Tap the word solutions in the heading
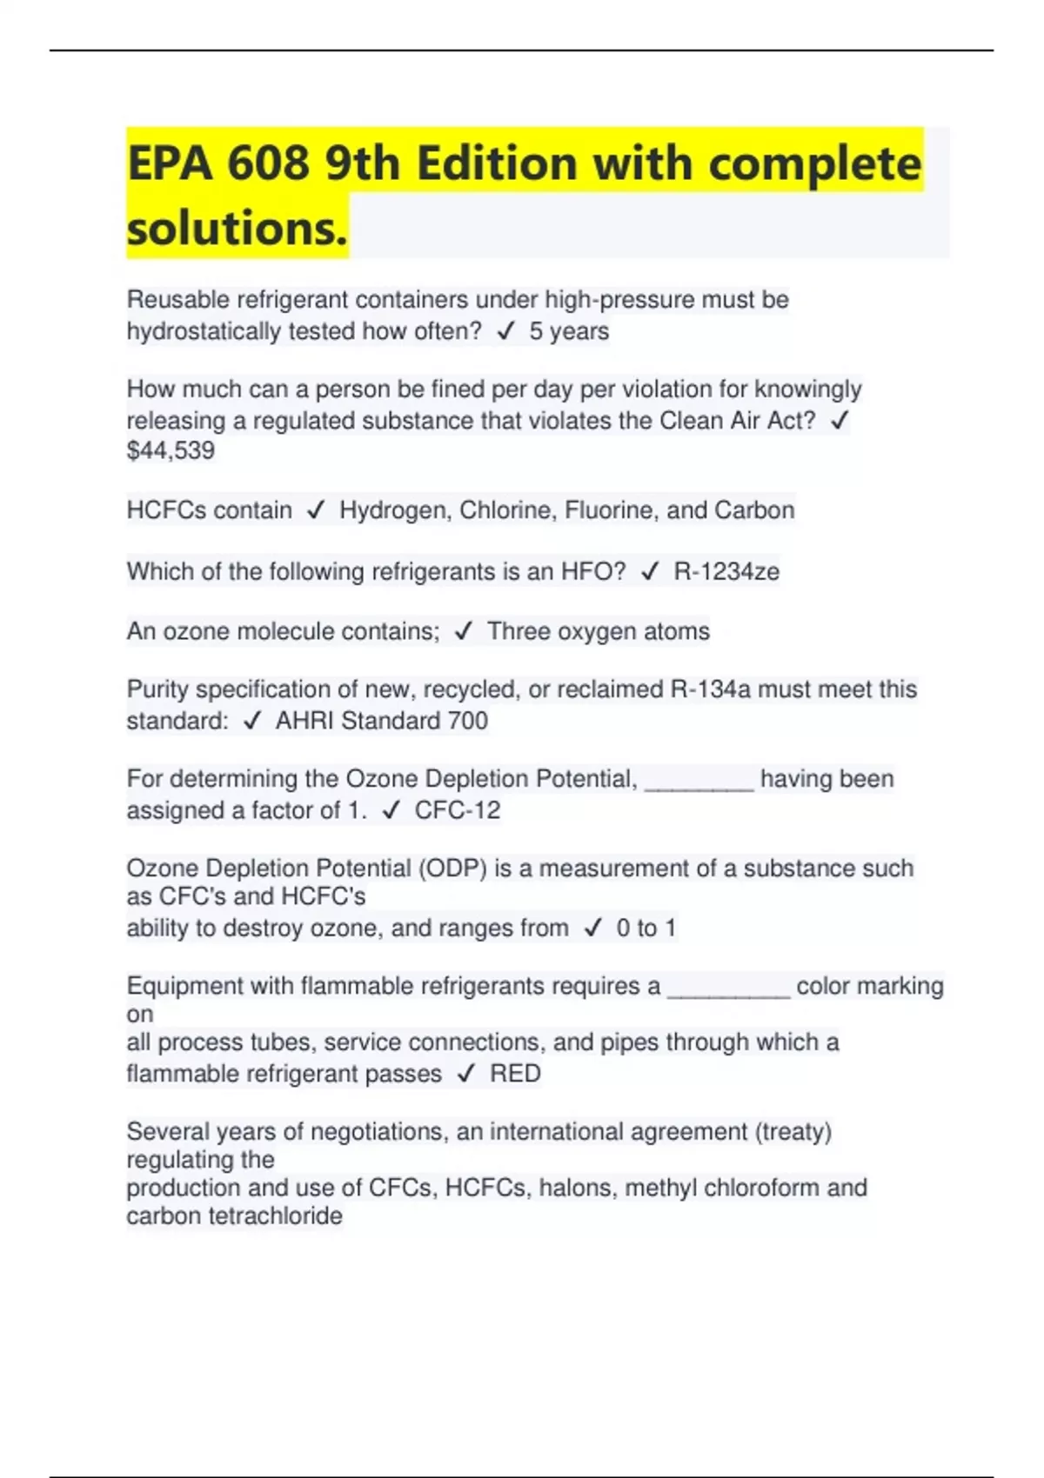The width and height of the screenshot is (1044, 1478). [x=237, y=228]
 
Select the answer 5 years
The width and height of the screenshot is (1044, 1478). [x=569, y=331]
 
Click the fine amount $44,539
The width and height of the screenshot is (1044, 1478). [x=171, y=450]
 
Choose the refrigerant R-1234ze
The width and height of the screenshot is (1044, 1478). [x=726, y=572]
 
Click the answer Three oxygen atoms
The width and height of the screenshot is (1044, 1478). [x=598, y=631]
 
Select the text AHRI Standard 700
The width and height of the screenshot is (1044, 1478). [x=381, y=721]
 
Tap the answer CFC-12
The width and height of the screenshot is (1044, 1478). [x=457, y=810]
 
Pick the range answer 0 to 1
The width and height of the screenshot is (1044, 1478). [x=646, y=929]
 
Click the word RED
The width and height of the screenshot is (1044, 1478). [x=515, y=1074]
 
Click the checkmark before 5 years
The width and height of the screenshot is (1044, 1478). [x=505, y=331]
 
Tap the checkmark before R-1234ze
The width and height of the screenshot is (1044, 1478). [x=650, y=572]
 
